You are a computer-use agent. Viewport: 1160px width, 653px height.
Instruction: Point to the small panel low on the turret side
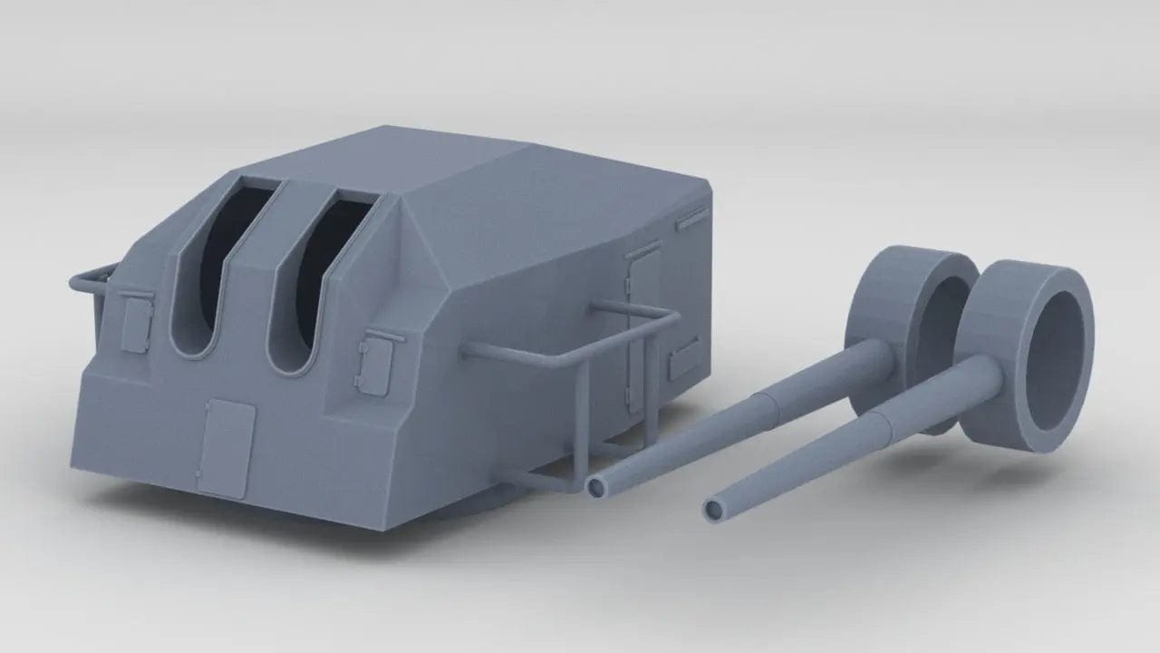click(x=684, y=360)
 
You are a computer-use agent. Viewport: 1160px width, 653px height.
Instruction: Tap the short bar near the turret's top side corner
click(x=693, y=215)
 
